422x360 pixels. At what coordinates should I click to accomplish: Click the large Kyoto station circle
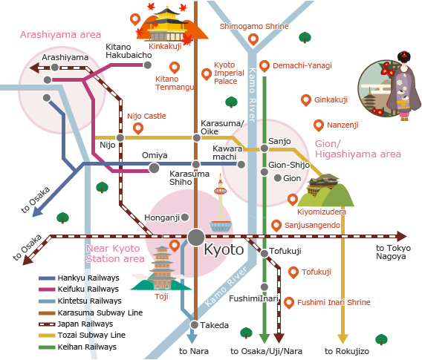point(195,237)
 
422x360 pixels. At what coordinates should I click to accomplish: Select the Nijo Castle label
point(146,117)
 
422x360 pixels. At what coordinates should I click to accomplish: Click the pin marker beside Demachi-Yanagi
point(264,65)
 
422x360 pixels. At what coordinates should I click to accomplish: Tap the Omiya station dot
point(154,168)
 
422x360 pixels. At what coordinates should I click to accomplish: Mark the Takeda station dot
point(195,324)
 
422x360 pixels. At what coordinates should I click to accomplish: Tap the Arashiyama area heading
point(60,35)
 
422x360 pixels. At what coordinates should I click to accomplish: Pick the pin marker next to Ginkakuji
point(305,99)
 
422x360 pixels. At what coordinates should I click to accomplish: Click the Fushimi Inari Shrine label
point(334,303)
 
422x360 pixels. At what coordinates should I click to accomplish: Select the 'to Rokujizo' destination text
point(342,350)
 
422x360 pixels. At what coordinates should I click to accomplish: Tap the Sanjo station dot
point(263,149)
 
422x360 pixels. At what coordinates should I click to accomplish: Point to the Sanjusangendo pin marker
point(276,224)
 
